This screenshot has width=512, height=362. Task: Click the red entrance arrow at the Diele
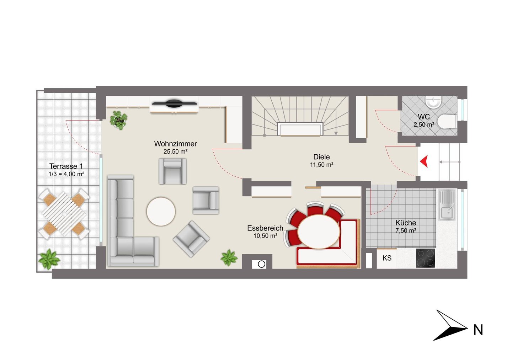click(x=424, y=161)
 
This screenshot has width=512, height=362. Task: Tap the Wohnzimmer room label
click(x=175, y=144)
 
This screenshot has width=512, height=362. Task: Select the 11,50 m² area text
click(x=321, y=165)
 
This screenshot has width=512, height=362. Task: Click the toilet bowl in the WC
click(x=447, y=122)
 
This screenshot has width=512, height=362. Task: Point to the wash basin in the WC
click(x=434, y=102)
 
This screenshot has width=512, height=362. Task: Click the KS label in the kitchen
click(x=387, y=258)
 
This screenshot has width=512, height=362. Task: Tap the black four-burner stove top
click(x=425, y=258)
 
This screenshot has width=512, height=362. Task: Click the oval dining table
click(x=319, y=231)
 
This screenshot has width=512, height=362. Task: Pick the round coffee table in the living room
click(x=161, y=212)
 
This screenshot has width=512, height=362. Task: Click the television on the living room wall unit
click(x=174, y=103)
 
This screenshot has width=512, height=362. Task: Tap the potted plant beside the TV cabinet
click(x=118, y=120)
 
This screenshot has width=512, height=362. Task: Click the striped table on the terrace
click(x=64, y=214)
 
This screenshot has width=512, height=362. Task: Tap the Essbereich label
click(x=265, y=228)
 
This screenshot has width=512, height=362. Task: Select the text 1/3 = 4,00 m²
click(x=66, y=174)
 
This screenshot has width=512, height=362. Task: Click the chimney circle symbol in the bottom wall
click(x=261, y=264)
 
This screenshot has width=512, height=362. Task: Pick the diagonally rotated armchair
click(x=191, y=239)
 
